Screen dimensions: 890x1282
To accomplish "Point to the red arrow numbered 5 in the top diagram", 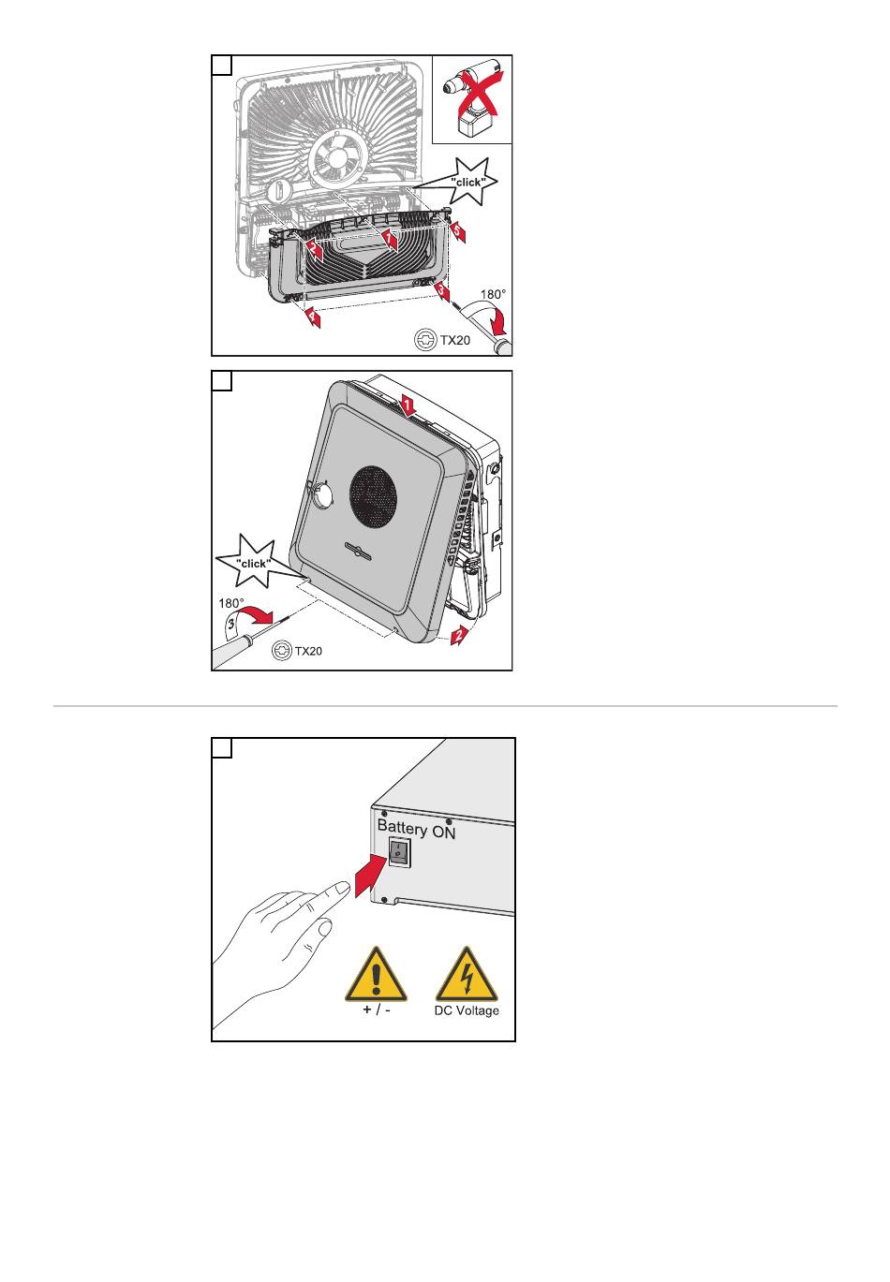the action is pos(457,232).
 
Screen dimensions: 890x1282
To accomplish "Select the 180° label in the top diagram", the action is pos(493,294).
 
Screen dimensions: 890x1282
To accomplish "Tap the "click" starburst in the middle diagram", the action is pos(252,562).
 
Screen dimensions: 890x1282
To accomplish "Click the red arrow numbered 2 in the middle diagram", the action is pos(459,634).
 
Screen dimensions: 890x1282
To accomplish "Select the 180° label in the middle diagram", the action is pos(230,603).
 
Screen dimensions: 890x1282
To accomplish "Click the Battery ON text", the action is pos(416,828).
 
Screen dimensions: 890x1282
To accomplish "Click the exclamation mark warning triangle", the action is pos(376,975).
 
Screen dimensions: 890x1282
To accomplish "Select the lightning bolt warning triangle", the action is pos(467,975).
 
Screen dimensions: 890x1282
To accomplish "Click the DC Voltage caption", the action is pos(467,1010).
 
